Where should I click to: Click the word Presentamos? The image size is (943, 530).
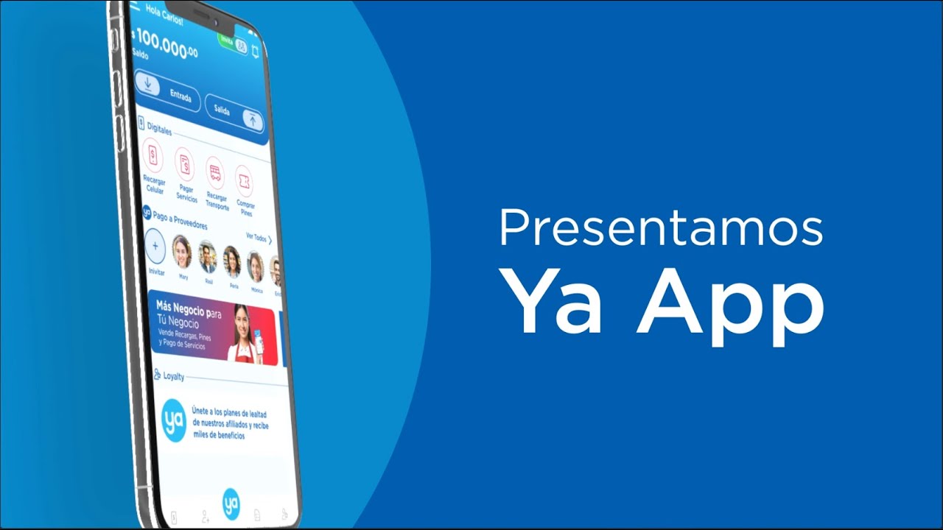[x=661, y=229]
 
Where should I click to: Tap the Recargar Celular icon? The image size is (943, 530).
[x=153, y=155]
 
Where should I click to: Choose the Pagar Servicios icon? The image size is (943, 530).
[x=184, y=164]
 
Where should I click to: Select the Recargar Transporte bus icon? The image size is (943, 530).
[x=215, y=173]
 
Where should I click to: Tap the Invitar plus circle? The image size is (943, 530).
[x=155, y=247]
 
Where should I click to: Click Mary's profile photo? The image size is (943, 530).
[x=181, y=252]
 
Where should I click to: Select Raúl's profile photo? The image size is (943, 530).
[x=207, y=257]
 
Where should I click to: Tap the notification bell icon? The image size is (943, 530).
[x=255, y=51]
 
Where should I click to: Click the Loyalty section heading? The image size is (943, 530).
[x=174, y=376]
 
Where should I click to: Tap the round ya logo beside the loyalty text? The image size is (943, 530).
[x=174, y=420]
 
